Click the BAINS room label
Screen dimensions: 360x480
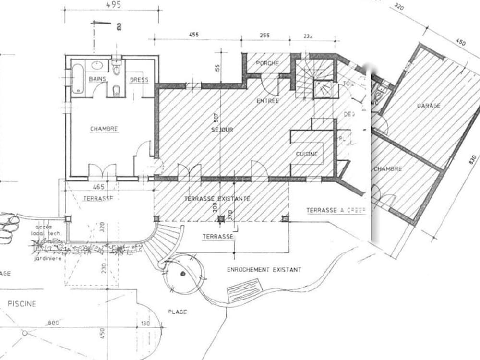(x=97, y=79)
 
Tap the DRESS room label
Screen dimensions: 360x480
(x=139, y=80)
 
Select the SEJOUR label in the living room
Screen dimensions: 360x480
(x=222, y=130)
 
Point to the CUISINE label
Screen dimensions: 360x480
(x=306, y=154)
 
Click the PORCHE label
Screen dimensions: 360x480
(x=267, y=63)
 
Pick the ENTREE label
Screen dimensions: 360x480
(x=267, y=101)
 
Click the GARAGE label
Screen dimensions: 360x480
(x=429, y=106)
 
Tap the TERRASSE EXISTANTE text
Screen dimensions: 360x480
(x=217, y=198)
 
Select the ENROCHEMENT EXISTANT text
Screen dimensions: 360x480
(x=264, y=270)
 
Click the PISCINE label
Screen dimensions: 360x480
(x=21, y=304)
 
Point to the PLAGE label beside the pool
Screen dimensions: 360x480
(x=177, y=312)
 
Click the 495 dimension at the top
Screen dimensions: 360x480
(x=114, y=5)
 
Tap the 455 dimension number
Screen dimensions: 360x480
(x=193, y=35)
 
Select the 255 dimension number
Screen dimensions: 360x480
(x=264, y=35)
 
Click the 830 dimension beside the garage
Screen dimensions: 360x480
(x=473, y=160)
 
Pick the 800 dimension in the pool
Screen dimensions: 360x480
(x=53, y=323)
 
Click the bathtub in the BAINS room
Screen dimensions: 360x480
(x=77, y=79)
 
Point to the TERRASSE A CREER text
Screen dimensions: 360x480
(x=335, y=210)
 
